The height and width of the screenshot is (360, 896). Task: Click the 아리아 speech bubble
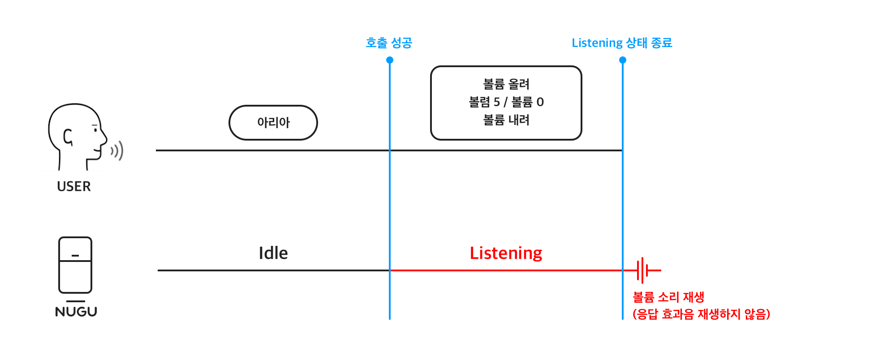click(x=273, y=123)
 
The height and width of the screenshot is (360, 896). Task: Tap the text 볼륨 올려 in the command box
click(x=506, y=84)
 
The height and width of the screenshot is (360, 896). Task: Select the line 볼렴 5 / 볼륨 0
click(x=506, y=102)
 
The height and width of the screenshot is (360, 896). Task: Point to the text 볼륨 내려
click(x=506, y=120)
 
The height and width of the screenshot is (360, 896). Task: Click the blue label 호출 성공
click(x=389, y=43)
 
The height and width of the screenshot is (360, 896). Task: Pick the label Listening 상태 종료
click(x=622, y=43)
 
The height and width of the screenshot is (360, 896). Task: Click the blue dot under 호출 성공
click(x=390, y=60)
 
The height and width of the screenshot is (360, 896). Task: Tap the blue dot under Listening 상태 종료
click(x=623, y=60)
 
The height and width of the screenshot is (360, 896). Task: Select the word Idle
click(x=273, y=253)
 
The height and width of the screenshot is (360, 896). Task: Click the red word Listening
click(x=506, y=253)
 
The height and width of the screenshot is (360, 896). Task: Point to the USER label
click(x=74, y=186)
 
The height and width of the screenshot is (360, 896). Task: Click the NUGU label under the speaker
click(x=76, y=312)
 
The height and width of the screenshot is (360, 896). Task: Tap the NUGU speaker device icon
click(x=75, y=265)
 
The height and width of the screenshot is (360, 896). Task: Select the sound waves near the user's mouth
click(x=117, y=151)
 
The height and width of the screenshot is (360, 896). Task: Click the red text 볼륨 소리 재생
click(x=668, y=297)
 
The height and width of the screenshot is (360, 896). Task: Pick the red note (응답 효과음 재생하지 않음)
click(x=701, y=314)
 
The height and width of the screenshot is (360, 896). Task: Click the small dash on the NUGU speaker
click(x=75, y=256)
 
